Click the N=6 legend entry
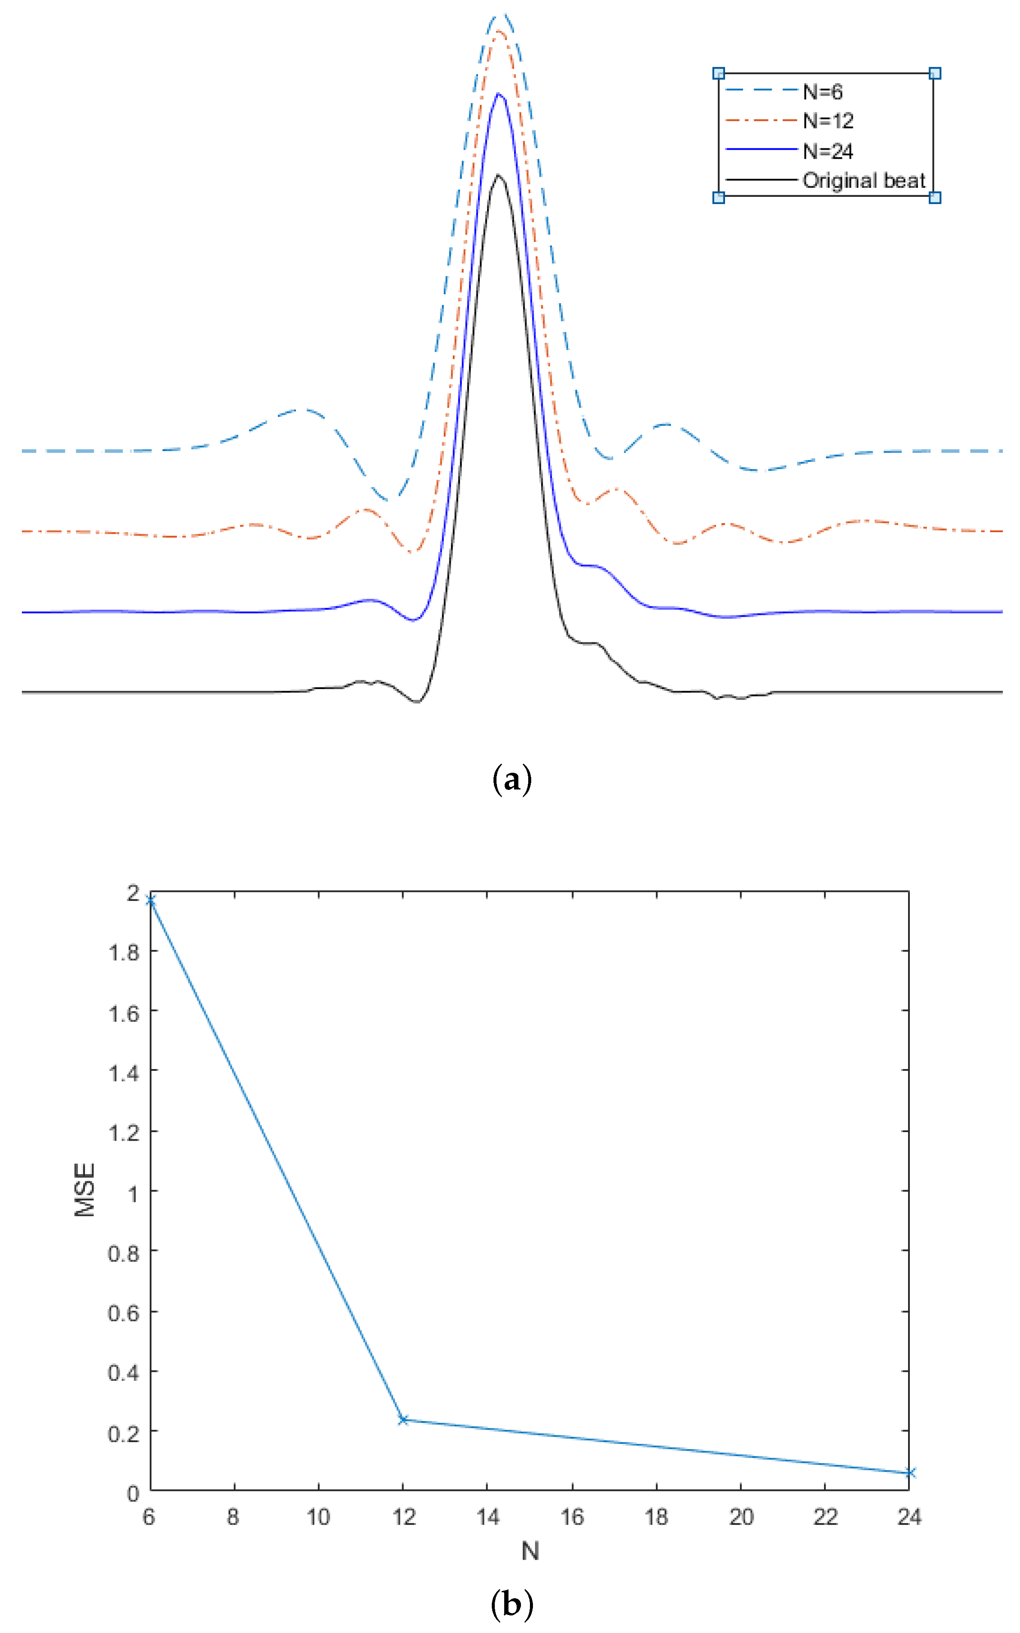[x=822, y=92]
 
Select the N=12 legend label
[x=828, y=121]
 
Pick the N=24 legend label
[x=828, y=151]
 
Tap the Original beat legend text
[x=864, y=181]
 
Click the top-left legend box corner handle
[x=719, y=73]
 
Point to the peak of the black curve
[x=499, y=175]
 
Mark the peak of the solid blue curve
[x=499, y=94]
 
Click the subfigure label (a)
[x=512, y=780]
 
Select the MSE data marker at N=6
[x=150, y=901]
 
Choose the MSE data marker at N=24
[x=909, y=1473]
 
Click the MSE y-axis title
[x=85, y=1190]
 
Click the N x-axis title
[x=530, y=1551]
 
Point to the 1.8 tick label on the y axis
[x=123, y=952]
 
